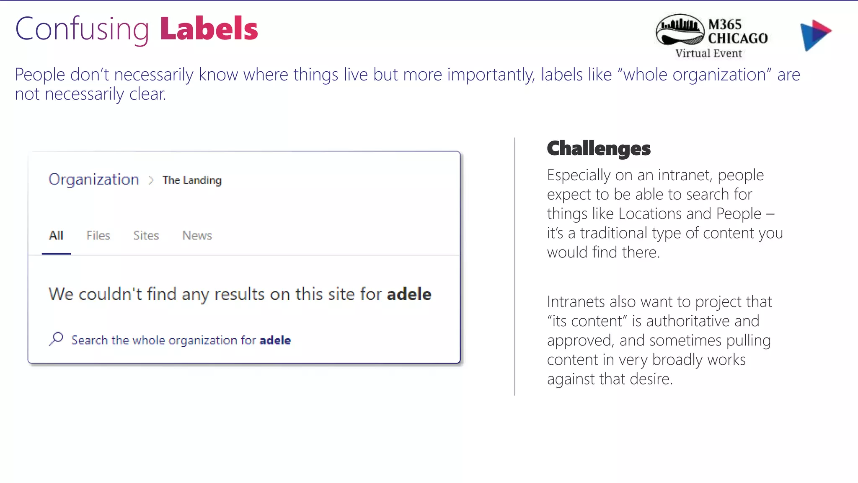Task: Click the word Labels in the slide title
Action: (209, 29)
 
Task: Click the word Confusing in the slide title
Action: (82, 29)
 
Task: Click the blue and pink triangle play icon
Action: (815, 34)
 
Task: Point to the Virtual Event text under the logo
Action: (708, 53)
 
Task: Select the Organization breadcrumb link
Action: (93, 179)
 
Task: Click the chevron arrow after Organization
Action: (151, 180)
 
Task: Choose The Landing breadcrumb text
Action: (192, 180)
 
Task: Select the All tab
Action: (56, 236)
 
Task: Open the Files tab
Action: (98, 236)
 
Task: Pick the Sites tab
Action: (146, 236)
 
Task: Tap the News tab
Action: (197, 236)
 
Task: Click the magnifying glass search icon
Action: (56, 339)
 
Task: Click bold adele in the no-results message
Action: (409, 294)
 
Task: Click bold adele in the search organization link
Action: (275, 340)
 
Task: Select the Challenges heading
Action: (599, 148)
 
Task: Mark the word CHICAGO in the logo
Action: (738, 39)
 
